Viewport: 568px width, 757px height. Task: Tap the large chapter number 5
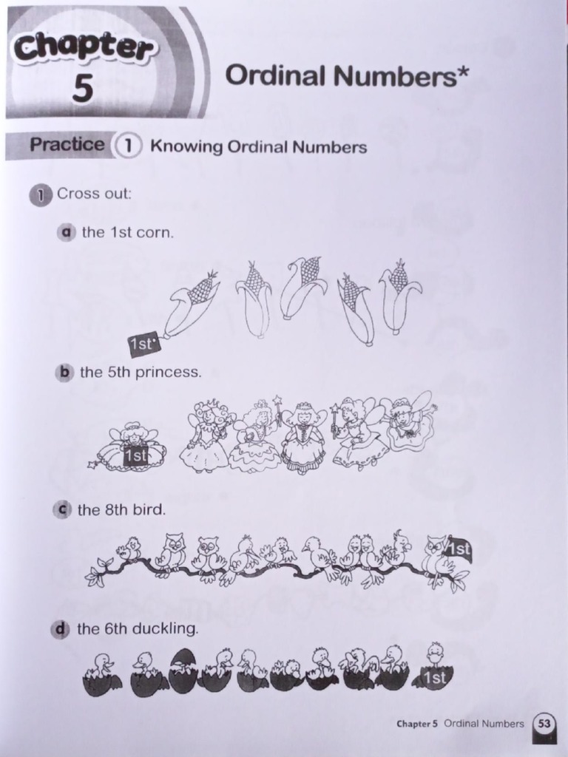83,89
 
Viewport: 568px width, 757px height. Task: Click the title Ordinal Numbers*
347,75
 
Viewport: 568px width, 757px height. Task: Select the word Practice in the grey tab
67,144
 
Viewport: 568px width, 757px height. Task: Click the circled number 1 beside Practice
127,146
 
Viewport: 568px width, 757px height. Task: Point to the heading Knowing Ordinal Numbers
258,146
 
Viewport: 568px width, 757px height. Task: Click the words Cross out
94,194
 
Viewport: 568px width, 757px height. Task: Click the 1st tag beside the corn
143,344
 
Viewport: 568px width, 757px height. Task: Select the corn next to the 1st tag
190,303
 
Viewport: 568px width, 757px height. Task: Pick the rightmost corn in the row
399,295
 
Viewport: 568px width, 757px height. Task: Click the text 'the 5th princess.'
141,372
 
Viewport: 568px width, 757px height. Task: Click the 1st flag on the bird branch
458,549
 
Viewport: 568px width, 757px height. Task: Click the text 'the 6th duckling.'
138,629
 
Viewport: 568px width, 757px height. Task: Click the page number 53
544,724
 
